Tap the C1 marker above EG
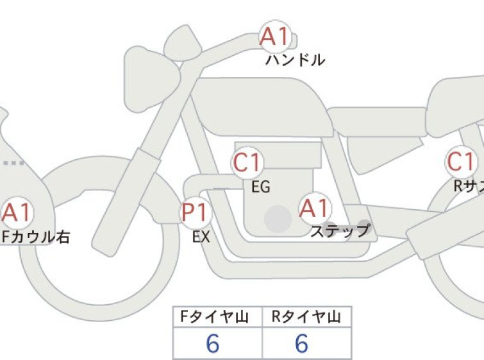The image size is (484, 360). (247, 162)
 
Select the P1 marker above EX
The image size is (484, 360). (196, 212)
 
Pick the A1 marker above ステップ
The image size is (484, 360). (315, 208)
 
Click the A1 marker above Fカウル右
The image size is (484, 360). (17, 212)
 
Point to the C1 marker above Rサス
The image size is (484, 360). (461, 162)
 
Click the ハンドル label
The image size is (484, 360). (296, 60)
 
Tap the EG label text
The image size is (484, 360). (261, 187)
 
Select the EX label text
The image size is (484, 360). (201, 237)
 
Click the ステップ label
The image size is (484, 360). (340, 230)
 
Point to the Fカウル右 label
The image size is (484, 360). (35, 237)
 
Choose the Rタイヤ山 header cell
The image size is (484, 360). (307, 316)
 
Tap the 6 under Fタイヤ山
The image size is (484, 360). (213, 343)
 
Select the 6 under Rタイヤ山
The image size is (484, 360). (301, 343)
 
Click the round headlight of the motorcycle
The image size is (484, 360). (152, 78)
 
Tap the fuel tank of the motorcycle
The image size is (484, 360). (262, 107)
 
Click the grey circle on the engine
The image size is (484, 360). (278, 219)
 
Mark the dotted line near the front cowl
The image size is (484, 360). (13, 163)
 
